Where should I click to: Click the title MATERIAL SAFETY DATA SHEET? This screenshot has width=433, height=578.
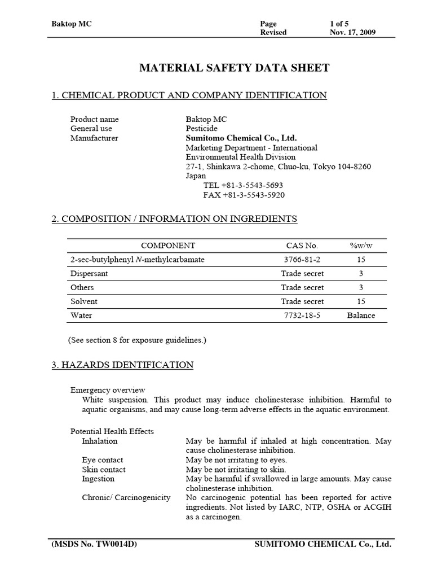234,68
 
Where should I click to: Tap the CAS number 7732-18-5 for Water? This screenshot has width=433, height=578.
302,316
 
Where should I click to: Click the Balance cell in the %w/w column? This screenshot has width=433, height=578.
361,316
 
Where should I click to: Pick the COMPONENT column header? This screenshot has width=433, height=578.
168,246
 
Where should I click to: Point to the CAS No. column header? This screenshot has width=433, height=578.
302,246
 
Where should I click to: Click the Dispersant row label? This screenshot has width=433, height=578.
89,273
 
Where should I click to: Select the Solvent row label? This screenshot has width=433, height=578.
83,301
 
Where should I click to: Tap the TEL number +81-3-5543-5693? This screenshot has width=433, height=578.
243,185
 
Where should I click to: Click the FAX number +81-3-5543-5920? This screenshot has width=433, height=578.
244,195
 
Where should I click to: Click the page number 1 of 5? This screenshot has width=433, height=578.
340,24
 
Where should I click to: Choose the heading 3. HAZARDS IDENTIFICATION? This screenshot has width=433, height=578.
122,365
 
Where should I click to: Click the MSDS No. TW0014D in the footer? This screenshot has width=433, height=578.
94,544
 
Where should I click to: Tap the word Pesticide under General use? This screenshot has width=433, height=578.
202,129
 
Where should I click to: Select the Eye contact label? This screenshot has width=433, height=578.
103,460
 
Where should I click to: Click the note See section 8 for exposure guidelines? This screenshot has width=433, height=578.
137,340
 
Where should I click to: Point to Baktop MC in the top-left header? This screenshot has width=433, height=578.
71,24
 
